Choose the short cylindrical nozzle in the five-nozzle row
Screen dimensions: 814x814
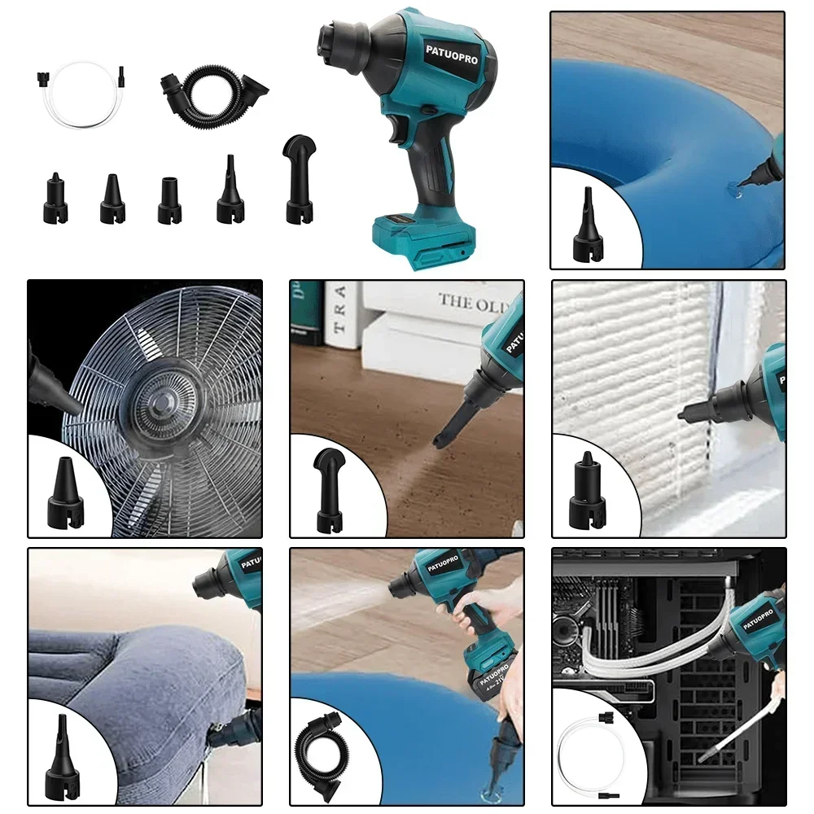click(169, 199)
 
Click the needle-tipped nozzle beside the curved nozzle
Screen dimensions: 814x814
click(230, 191)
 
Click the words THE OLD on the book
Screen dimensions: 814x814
click(472, 303)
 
